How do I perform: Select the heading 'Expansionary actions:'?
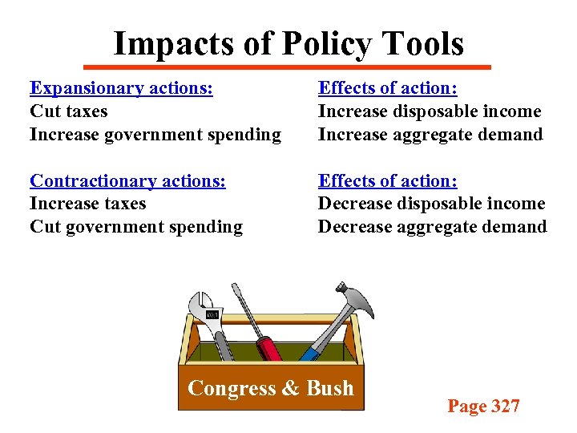(x=121, y=88)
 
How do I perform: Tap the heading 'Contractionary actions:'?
(x=127, y=181)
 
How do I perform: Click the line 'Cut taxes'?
(x=68, y=111)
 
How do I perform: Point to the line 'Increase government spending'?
(x=155, y=135)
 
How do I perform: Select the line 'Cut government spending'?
(x=135, y=227)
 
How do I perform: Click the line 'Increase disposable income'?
(x=430, y=111)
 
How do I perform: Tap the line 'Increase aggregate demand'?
(x=430, y=135)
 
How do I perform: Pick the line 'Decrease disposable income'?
(x=431, y=204)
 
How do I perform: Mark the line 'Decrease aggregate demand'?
(x=432, y=227)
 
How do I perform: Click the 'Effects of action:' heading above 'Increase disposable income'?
(x=388, y=88)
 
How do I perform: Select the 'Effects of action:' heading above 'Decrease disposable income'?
(x=388, y=181)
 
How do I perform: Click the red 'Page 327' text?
(x=483, y=407)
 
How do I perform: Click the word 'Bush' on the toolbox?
(x=329, y=389)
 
